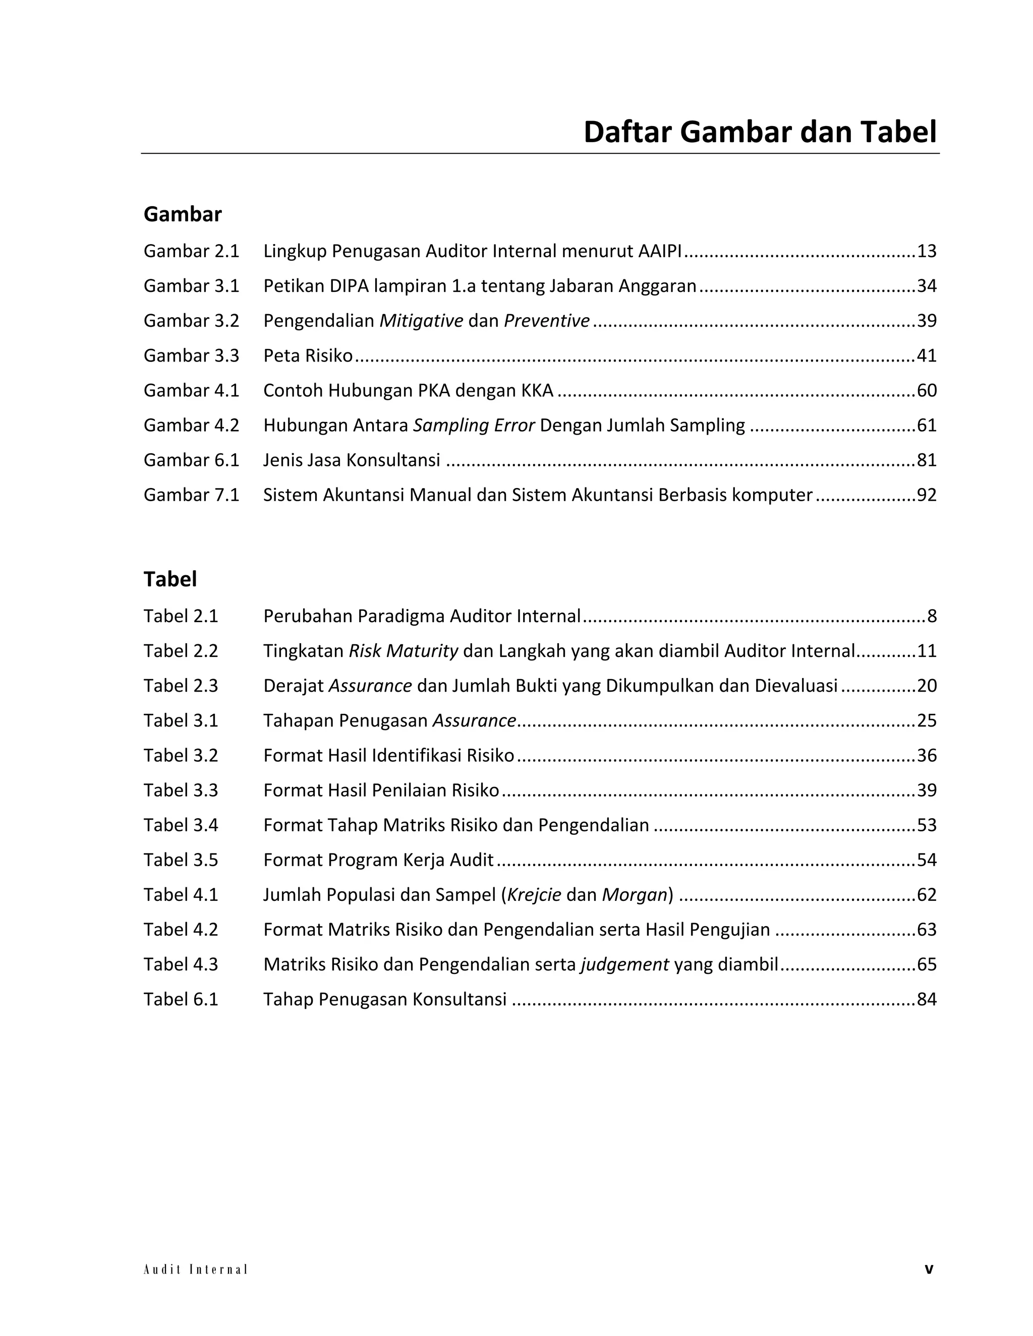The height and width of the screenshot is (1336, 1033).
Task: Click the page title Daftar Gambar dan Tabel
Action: (760, 132)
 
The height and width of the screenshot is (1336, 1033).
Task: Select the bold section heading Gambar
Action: (183, 214)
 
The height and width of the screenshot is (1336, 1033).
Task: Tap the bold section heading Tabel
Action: (170, 579)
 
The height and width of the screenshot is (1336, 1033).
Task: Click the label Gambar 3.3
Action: (191, 355)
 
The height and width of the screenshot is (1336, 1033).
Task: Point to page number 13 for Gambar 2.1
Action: (927, 251)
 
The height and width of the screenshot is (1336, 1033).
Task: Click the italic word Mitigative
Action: (421, 321)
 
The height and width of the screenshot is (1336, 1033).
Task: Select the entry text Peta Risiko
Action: (308, 355)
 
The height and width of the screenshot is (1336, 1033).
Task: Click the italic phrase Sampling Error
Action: (474, 425)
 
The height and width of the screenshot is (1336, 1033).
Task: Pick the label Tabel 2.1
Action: (181, 616)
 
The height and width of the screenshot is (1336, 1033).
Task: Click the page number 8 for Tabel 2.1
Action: (932, 616)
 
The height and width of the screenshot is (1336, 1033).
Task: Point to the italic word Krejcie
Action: (534, 894)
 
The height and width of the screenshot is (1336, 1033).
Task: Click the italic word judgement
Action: (624, 964)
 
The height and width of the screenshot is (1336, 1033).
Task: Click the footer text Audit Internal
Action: (195, 1269)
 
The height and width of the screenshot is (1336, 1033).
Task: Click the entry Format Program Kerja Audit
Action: (378, 860)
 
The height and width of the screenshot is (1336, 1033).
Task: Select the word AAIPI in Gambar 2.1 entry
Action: (660, 251)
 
